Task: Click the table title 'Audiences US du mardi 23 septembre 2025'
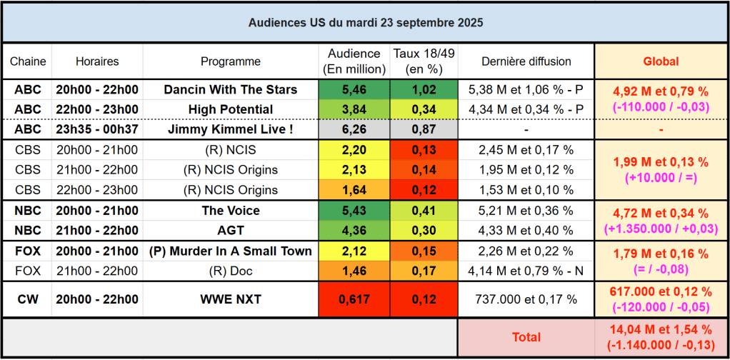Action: (x=365, y=23)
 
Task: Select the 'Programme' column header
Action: (x=231, y=61)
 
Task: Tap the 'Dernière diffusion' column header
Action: (x=526, y=61)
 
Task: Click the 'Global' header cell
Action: (x=661, y=61)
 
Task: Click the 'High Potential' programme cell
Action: (x=231, y=109)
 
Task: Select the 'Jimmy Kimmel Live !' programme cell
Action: (x=231, y=130)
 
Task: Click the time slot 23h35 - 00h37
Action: (x=97, y=130)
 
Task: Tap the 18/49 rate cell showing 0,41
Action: (x=424, y=211)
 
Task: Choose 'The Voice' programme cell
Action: (x=231, y=211)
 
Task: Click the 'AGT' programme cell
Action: (x=231, y=231)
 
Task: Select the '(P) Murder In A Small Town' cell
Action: (x=231, y=251)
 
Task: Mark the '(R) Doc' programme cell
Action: (x=231, y=271)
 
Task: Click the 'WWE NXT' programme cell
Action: (x=231, y=299)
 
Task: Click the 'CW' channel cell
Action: (x=26, y=299)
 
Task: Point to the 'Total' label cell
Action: (x=526, y=336)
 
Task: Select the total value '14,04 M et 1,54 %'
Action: (x=661, y=329)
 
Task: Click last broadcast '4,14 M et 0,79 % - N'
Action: (x=526, y=271)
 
